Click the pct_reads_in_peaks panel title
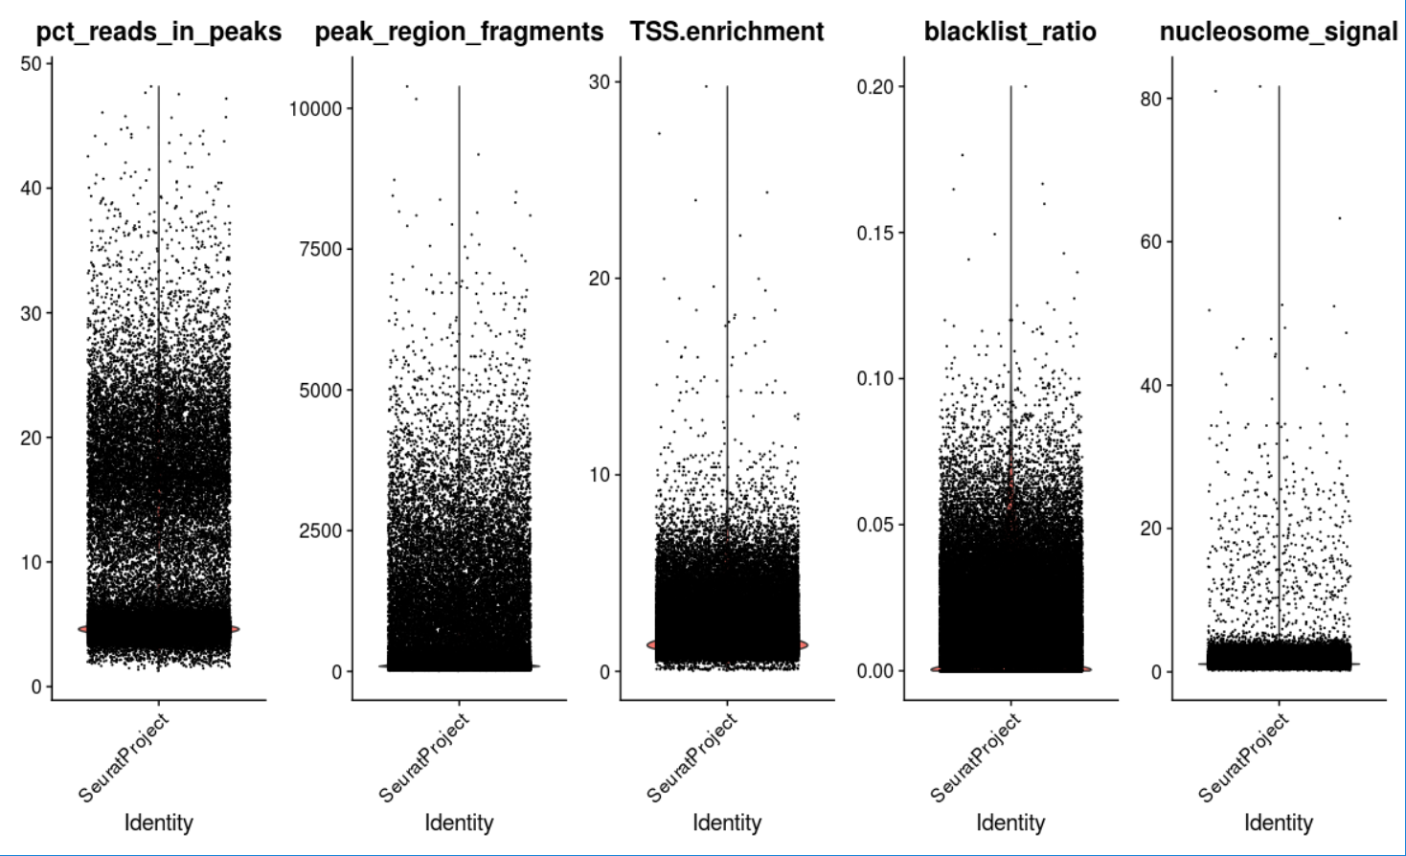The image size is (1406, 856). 158,33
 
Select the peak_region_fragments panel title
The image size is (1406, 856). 459,33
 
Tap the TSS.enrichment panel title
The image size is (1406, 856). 727,33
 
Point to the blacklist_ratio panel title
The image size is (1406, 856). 1009,33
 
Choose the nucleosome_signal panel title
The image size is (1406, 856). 1278,33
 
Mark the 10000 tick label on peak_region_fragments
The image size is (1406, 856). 315,109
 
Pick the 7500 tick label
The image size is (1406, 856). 321,249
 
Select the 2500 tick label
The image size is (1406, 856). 321,530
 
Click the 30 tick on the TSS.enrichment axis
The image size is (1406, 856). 599,82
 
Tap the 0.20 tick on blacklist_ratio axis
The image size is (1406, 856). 874,87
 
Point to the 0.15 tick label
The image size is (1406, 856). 874,234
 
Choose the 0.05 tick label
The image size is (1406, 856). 874,525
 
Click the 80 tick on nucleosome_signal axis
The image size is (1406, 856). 1150,99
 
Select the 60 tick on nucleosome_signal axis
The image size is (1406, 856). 1150,242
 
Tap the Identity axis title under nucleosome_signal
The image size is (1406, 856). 1278,822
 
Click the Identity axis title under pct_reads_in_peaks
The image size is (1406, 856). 158,822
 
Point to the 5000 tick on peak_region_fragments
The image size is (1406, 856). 321,391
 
